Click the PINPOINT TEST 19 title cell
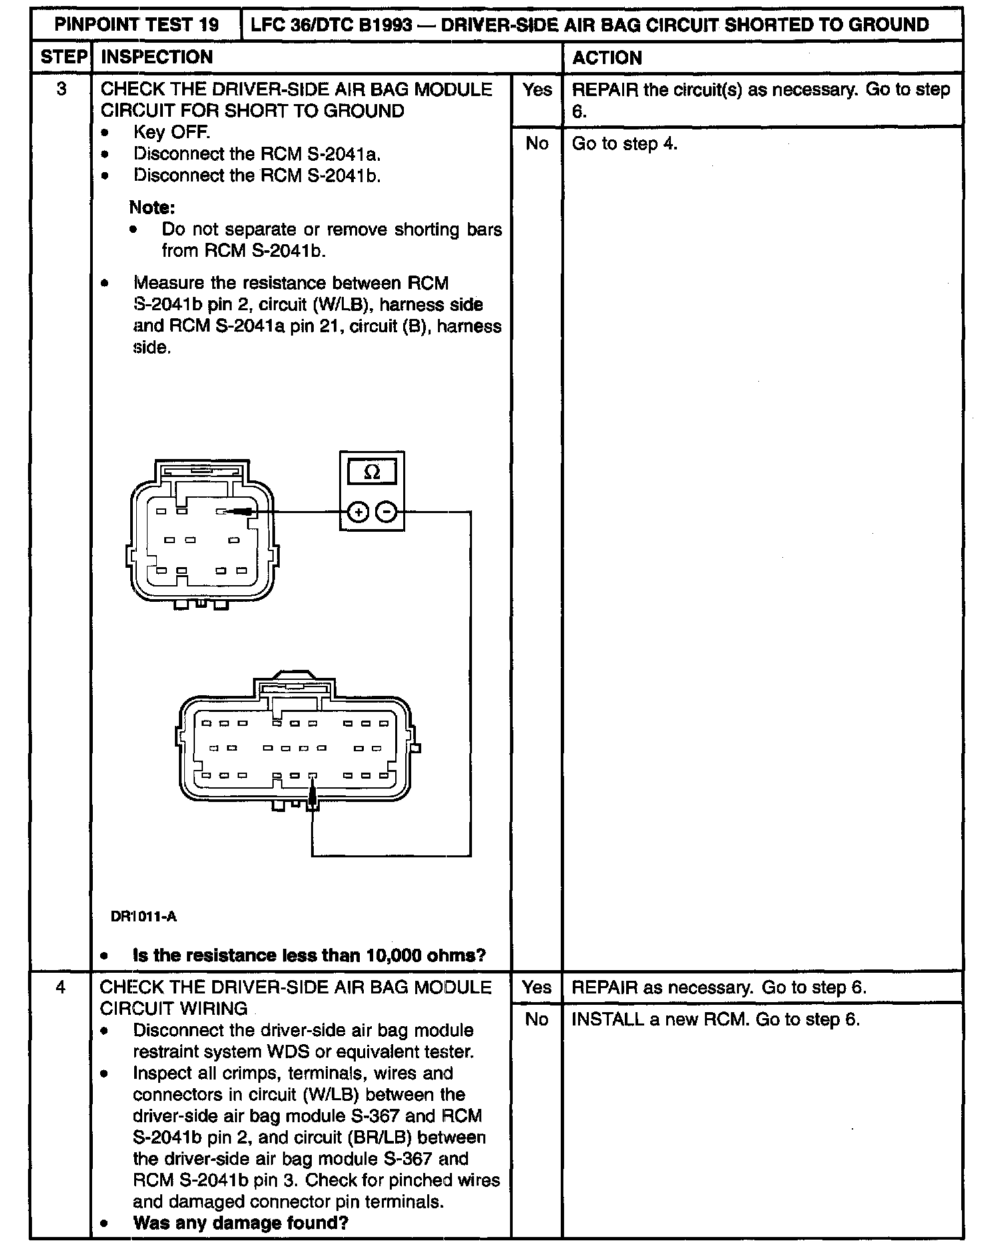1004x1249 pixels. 137,25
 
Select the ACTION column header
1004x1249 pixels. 607,58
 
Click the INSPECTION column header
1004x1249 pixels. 157,57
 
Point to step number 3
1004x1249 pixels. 61,89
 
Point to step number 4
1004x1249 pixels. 61,987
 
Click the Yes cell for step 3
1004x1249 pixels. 537,90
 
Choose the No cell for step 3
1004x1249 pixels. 537,143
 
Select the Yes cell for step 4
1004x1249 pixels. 537,987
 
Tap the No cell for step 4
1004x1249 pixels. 537,1019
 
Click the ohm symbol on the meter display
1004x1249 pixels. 372,472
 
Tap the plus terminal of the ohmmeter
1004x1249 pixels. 358,512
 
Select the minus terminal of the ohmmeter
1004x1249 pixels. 387,512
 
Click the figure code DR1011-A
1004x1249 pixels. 144,917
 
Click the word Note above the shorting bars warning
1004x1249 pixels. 152,207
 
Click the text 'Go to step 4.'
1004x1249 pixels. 624,143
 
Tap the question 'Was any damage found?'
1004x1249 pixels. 241,1223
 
